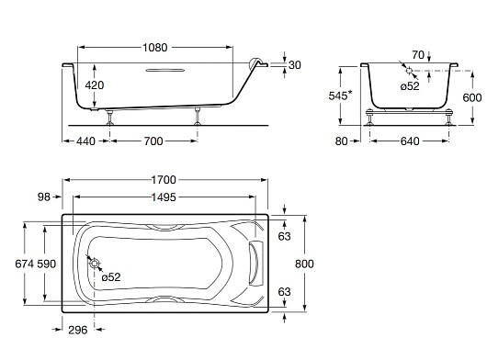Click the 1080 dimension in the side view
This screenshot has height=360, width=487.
point(155,48)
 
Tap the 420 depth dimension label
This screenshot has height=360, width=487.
point(95,85)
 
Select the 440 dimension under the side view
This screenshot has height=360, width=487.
point(85,141)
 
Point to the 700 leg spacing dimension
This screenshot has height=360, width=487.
point(153,141)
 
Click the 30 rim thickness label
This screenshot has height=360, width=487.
point(295,65)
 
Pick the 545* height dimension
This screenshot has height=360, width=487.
point(341,96)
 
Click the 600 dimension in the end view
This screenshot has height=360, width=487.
point(472,97)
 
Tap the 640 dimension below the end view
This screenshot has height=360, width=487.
point(410,141)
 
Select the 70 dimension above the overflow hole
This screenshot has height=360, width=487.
point(418,55)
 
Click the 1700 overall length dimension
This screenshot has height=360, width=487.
point(164,180)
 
